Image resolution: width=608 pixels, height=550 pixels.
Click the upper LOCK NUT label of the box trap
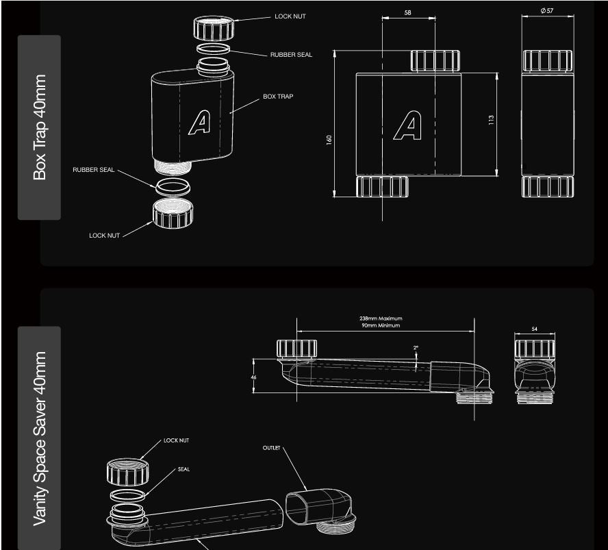(x=290, y=16)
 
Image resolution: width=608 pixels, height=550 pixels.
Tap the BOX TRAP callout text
(x=278, y=96)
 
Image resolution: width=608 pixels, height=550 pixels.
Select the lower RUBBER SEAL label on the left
(x=93, y=169)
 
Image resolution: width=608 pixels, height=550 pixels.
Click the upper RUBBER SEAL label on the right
(x=291, y=55)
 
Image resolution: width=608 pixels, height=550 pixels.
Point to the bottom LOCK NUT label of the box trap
(x=104, y=236)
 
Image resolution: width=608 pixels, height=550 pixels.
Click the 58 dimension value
(x=407, y=12)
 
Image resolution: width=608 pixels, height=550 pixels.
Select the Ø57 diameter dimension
(x=547, y=11)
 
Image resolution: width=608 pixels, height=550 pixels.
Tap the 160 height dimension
(x=329, y=140)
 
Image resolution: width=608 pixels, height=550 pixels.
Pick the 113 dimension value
(x=492, y=120)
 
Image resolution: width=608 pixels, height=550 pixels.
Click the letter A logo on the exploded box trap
(x=200, y=123)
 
